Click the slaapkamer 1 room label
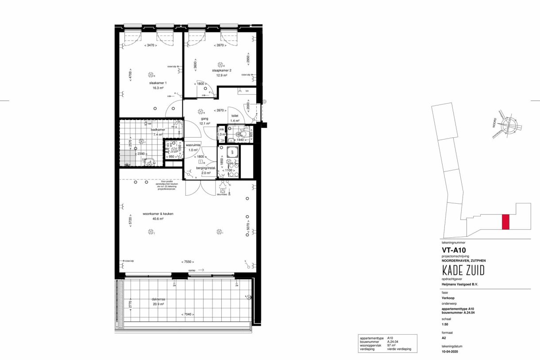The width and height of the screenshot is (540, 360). (158, 83)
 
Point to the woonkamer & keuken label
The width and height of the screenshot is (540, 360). (158, 213)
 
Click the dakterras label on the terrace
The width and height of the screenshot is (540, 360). (158, 299)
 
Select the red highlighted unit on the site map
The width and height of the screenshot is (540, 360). (505, 222)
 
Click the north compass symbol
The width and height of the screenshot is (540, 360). (509, 125)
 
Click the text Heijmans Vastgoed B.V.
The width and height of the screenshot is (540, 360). (457, 284)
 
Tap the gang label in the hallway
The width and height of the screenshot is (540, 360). (204, 119)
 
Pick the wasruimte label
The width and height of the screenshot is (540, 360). (193, 145)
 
